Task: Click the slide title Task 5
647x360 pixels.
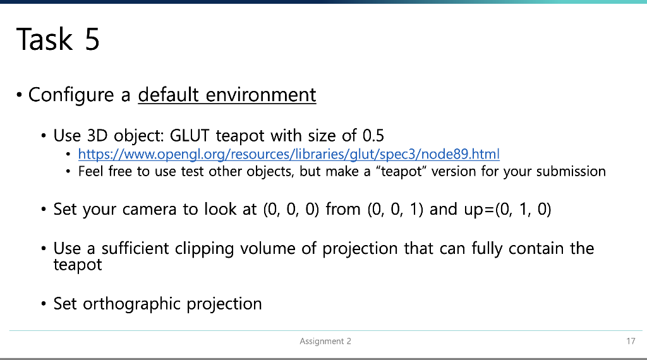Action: (57, 39)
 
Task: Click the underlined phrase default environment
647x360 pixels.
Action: (227, 95)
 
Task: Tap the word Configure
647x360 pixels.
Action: (71, 95)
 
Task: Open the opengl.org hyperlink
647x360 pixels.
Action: (289, 154)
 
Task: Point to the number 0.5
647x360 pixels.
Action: (373, 135)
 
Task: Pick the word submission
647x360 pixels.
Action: (571, 171)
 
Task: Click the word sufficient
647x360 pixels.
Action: (135, 248)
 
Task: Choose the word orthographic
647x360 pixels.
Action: (131, 304)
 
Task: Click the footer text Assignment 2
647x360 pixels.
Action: (325, 341)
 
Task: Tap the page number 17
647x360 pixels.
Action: (631, 341)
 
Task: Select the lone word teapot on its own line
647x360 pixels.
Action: (78, 265)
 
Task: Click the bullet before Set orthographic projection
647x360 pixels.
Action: (44, 304)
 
